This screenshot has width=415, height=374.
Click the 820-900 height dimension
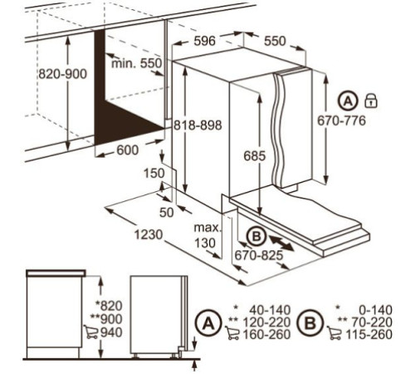pos(62,74)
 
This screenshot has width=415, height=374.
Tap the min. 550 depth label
pos(136,63)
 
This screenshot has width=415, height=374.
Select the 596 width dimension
pos(204,41)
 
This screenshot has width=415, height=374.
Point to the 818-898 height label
pos(198,125)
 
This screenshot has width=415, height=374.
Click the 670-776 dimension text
pos(341,121)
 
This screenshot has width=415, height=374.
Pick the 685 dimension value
pos(255,156)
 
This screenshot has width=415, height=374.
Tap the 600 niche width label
pos(128,150)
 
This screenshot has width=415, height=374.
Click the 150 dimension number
pos(154,174)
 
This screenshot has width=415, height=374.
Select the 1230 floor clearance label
pos(149,235)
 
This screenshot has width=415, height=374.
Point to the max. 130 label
pos(208,235)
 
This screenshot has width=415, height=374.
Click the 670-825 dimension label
pos(259,255)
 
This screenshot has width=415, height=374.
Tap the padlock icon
pos(371,101)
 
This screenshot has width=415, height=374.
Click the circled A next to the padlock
pos(348,101)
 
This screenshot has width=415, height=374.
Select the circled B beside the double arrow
pos(256,237)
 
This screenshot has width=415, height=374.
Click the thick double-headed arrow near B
pos(281,244)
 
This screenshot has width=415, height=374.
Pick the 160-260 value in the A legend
pos(266,335)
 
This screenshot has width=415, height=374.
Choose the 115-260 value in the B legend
pos(369,335)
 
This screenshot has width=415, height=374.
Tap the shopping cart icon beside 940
pos(91,332)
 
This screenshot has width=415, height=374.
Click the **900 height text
pos(106,319)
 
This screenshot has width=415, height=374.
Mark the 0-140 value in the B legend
pos(376,310)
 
